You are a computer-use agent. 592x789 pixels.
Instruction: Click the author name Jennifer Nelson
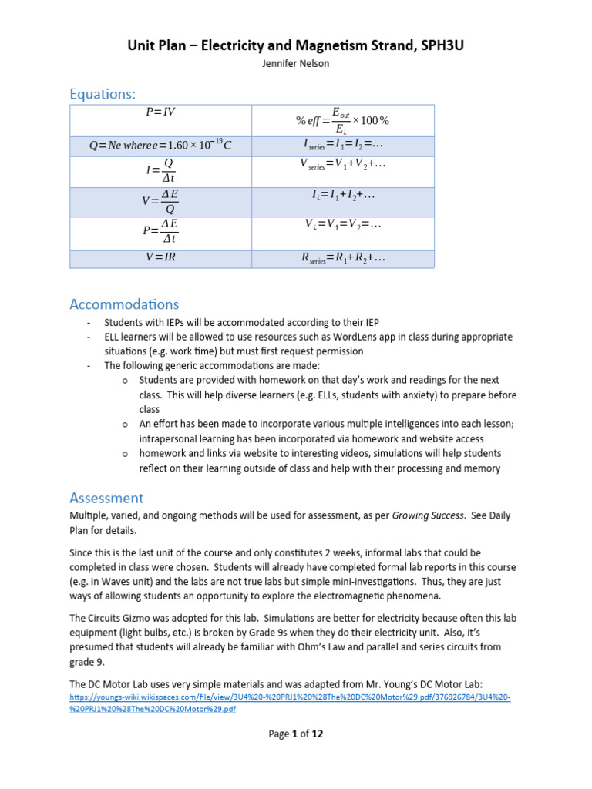click(x=296, y=63)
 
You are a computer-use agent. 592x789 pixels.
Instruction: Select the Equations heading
click(x=102, y=94)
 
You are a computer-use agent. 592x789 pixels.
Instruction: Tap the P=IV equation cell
click(x=160, y=112)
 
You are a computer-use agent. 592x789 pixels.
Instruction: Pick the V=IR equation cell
click(x=160, y=257)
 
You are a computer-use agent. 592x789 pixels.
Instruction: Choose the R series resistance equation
click(x=343, y=258)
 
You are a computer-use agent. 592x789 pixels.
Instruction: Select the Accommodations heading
click(x=124, y=304)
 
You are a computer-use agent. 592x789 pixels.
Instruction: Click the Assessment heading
click(x=106, y=498)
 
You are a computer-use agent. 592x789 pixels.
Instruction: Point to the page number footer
click(x=296, y=734)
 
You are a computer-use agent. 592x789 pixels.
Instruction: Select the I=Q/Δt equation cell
click(x=160, y=172)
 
